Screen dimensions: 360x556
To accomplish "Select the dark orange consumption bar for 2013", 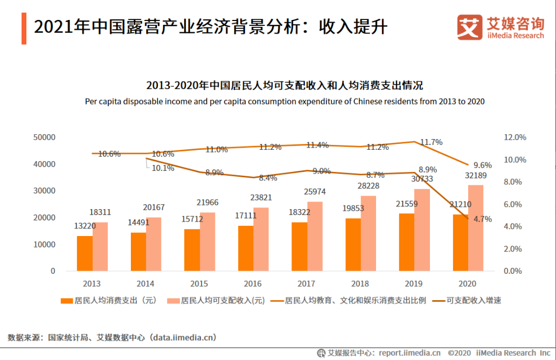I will (x=85, y=253).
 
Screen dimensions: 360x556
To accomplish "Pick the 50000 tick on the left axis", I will (x=44, y=137).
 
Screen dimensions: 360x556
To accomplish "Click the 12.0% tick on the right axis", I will (x=515, y=137).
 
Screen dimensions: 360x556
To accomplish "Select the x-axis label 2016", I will (x=253, y=283).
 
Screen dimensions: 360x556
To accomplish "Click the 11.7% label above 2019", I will (x=431, y=142).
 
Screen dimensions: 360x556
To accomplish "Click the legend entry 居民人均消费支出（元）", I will (x=108, y=300).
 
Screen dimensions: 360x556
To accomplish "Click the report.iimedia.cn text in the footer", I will (x=409, y=353).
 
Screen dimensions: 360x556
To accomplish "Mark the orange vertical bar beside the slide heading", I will (x=24, y=28).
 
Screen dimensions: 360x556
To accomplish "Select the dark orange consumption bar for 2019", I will (x=407, y=242).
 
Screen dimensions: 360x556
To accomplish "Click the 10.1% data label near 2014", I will (x=163, y=168).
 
